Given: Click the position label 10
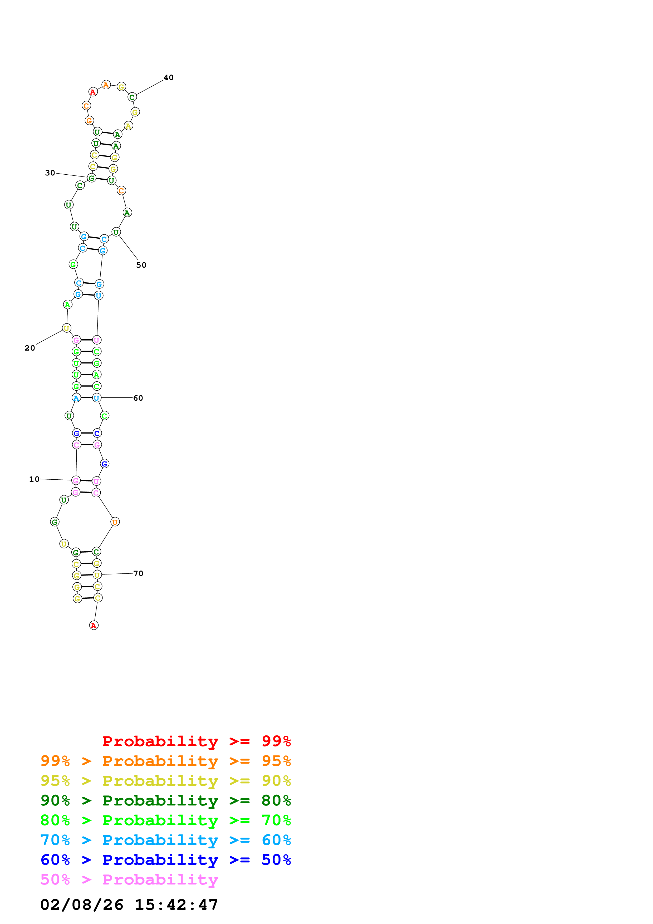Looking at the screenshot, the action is pyautogui.click(x=34, y=479).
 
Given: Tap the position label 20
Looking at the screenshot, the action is pyautogui.click(x=30, y=348).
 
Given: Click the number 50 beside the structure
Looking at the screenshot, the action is pyautogui.click(x=141, y=265).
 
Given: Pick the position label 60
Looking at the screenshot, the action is pyautogui.click(x=138, y=398).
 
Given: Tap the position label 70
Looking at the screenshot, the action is pyautogui.click(x=138, y=573).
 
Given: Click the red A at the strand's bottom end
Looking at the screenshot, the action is pyautogui.click(x=94, y=625).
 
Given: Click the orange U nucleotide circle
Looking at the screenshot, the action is pyautogui.click(x=115, y=522).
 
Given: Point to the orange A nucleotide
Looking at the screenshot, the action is pyautogui.click(x=106, y=85).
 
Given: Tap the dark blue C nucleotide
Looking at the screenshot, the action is pyautogui.click(x=97, y=433).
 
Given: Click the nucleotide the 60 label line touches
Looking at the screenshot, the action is pyautogui.click(x=97, y=398).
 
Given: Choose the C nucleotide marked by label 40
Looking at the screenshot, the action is pyautogui.click(x=132, y=97).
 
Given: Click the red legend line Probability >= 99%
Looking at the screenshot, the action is pyautogui.click(x=196, y=741).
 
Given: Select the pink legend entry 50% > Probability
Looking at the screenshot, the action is pyautogui.click(x=129, y=879).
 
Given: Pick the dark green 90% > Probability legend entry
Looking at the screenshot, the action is pyautogui.click(x=165, y=800).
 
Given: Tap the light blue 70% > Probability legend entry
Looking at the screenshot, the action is pyautogui.click(x=165, y=840).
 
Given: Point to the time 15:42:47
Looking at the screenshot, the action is pyautogui.click(x=176, y=905).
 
